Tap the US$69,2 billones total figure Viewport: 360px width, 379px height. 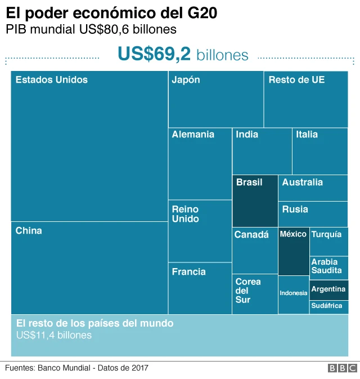[183, 55]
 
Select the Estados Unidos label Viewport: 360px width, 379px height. [52, 80]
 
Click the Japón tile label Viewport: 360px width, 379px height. [186, 80]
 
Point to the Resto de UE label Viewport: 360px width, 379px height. [296, 80]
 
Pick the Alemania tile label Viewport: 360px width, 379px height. [193, 135]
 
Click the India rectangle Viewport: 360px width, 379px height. [262, 151]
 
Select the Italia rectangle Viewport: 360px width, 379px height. [319, 151]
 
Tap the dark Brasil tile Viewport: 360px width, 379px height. [255, 200]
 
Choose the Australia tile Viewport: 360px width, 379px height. [313, 188]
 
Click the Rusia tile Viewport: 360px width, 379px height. [313, 214]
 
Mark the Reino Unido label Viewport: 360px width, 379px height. [186, 214]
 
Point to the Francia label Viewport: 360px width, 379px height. [189, 272]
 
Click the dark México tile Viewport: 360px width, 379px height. [294, 251]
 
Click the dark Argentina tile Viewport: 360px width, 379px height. [328, 289]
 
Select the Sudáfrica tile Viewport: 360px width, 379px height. [328, 306]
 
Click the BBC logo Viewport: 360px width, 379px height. [342, 368]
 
